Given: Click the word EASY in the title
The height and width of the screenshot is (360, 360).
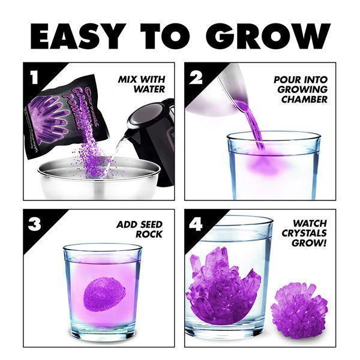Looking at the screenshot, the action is (x=78, y=36).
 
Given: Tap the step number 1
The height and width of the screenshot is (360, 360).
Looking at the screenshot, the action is (x=34, y=77).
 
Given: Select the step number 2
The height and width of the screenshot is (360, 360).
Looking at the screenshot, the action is (x=196, y=77).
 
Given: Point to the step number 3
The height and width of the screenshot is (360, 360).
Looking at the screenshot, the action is (x=35, y=224).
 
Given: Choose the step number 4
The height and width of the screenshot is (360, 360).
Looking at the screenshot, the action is (x=196, y=224).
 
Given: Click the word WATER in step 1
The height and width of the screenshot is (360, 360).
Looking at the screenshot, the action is (x=149, y=89).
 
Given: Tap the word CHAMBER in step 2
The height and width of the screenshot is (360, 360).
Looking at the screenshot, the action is (x=305, y=99).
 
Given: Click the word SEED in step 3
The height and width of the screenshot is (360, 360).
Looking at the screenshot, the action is (x=151, y=224).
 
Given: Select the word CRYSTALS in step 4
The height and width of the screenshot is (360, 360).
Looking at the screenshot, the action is (x=304, y=233).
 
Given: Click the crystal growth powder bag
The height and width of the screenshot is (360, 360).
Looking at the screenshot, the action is (x=66, y=116).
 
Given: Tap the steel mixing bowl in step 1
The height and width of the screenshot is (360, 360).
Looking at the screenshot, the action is (x=99, y=178).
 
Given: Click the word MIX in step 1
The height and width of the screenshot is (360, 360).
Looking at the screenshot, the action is (x=127, y=79).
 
